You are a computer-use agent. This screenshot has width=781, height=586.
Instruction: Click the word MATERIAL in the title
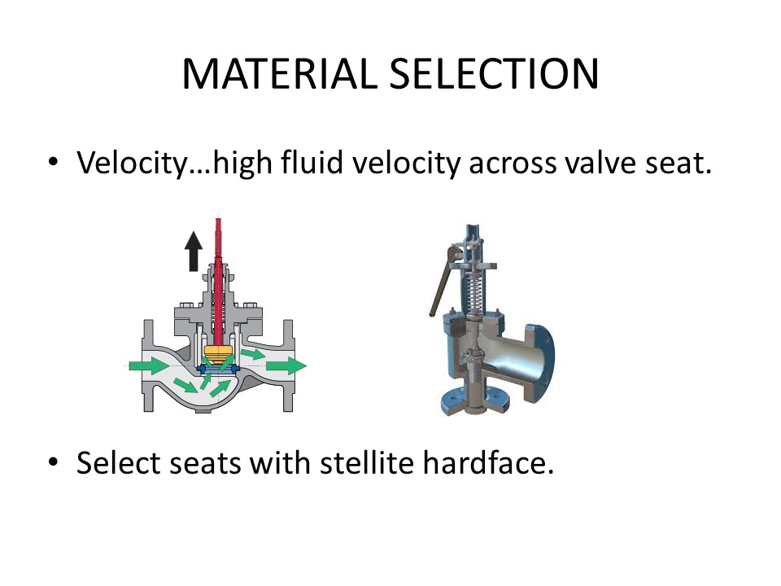click(280, 74)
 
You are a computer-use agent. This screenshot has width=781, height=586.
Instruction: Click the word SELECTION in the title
click(494, 74)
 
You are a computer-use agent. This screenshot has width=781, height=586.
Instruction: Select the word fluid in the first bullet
click(312, 162)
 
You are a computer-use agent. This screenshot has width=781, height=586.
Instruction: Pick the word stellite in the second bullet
click(367, 462)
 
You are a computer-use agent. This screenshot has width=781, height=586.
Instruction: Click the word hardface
click(488, 462)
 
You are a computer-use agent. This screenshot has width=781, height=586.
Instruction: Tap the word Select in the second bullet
click(119, 462)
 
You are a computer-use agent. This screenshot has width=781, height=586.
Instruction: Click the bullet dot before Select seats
click(54, 461)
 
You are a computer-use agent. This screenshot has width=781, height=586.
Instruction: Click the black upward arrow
click(194, 251)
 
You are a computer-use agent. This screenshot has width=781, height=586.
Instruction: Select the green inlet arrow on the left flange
click(149, 365)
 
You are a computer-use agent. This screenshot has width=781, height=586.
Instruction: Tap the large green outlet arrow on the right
click(286, 365)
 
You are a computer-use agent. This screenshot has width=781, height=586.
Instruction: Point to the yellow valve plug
click(218, 352)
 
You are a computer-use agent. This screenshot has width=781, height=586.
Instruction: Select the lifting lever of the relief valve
click(444, 279)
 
